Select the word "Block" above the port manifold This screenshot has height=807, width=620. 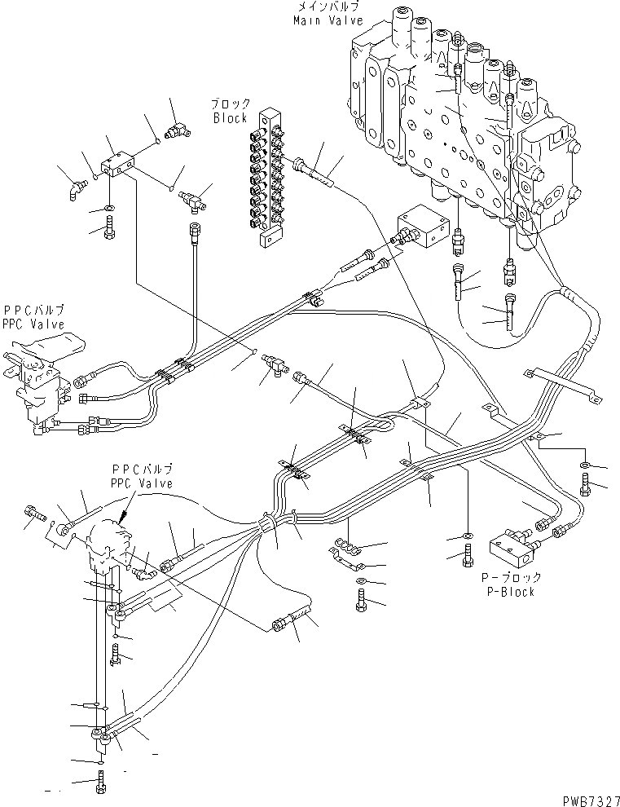click(x=230, y=117)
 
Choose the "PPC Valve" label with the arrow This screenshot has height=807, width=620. click(x=142, y=483)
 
